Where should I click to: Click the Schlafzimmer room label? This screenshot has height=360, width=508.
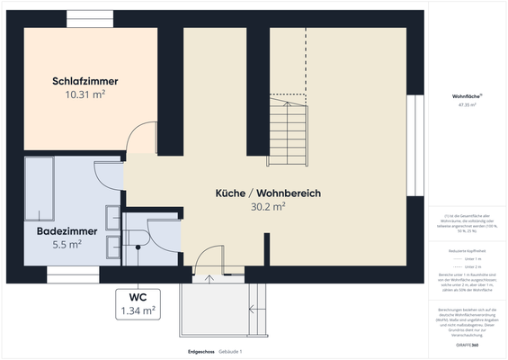tap(85, 81)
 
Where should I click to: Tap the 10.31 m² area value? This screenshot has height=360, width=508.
tap(85, 94)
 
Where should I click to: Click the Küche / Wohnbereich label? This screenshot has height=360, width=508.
tap(268, 193)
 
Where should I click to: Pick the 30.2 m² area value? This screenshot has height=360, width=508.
tap(268, 206)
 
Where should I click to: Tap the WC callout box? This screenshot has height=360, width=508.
tap(138, 304)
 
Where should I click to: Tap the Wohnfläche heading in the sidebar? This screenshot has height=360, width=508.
tap(468, 95)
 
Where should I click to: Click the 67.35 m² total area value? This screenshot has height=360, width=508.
tap(468, 105)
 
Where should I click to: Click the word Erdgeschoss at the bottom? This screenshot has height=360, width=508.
tap(201, 350)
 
